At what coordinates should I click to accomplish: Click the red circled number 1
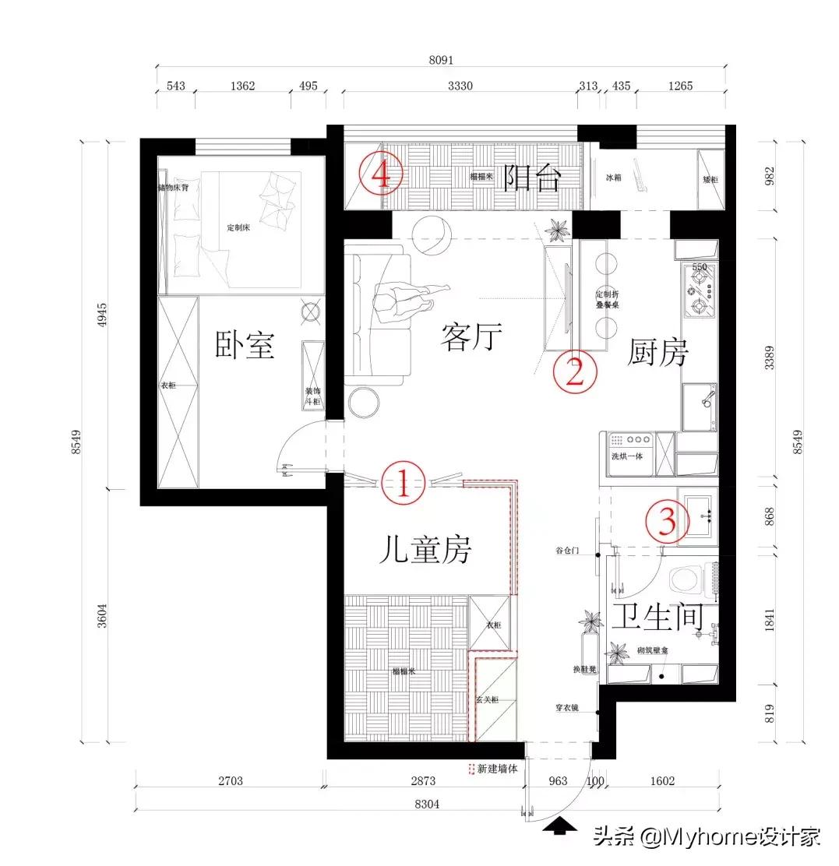[403, 483]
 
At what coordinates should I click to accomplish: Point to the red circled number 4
[381, 174]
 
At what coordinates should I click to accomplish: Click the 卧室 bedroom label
[245, 344]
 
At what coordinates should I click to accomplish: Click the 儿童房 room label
[425, 551]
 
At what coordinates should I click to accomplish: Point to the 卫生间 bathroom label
[657, 617]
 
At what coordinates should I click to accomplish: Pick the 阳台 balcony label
[531, 178]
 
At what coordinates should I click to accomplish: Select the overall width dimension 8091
[441, 59]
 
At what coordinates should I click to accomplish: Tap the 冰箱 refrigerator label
[614, 177]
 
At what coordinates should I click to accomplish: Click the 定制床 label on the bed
[238, 227]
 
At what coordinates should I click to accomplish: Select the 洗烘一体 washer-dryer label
[626, 456]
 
